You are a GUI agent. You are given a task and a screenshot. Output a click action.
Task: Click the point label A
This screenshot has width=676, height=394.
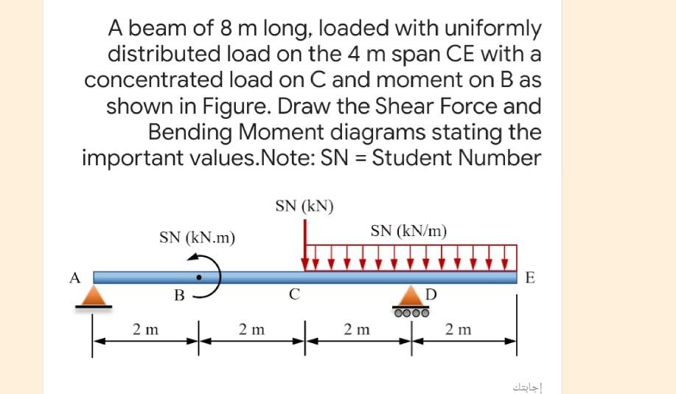pos(73,277)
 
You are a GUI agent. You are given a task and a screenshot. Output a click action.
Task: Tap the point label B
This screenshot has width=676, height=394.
pos(178,297)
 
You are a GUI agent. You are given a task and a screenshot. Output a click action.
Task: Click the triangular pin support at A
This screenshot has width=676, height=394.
pos(94,295)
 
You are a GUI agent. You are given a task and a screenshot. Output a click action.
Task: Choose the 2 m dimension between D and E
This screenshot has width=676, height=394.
pos(459,329)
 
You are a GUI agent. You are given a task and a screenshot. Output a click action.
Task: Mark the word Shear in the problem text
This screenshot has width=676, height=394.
pos(379,106)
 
